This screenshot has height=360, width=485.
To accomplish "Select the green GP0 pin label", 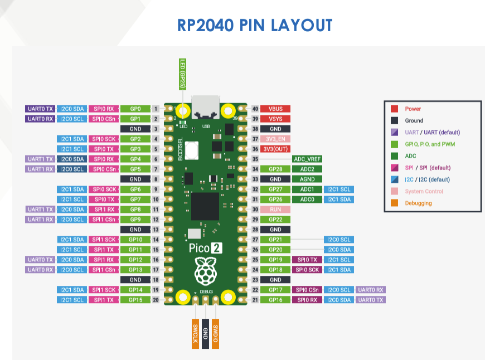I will pos(135,109).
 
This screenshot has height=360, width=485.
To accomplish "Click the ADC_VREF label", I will pos(307,159).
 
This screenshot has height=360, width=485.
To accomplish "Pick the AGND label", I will pos(307,179).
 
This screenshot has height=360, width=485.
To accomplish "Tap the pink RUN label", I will pos(275,209).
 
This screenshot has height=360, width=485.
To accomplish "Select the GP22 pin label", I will pos(275,219).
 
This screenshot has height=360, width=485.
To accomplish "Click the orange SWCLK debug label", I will pos(196,333).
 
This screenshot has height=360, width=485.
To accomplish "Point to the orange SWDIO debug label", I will pos(216,333).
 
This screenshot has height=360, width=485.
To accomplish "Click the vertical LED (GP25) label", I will pos(182,74).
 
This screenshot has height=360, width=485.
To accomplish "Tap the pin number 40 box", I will pos(255,109).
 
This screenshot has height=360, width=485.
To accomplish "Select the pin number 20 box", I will pos(156,300).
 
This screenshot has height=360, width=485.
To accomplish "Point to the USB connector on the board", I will pos(206,107).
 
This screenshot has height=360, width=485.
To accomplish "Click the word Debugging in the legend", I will pos(418,203).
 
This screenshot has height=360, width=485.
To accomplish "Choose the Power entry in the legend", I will pos(413,109).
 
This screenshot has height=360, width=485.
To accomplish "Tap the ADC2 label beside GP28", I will pos(307,169).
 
